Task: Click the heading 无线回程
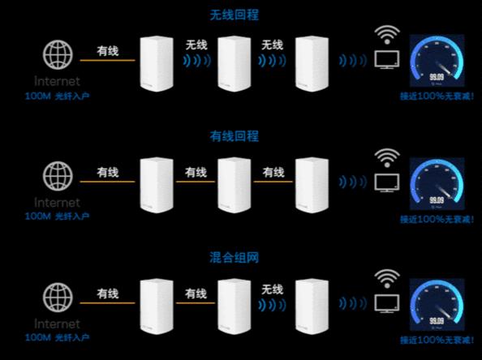coord(239,15)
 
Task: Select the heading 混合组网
coord(239,258)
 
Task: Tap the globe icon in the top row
coord(58,55)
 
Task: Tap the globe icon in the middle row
coord(58,176)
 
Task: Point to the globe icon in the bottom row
coord(58,296)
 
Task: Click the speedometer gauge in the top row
coord(437,62)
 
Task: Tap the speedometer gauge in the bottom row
coord(437,303)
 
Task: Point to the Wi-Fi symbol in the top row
coord(387,36)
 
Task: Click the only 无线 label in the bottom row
coord(273,289)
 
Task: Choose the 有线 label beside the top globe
coord(107,51)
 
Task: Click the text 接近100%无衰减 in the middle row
coord(437,219)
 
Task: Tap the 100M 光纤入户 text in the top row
coord(57,96)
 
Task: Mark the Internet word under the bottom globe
coord(57,323)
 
